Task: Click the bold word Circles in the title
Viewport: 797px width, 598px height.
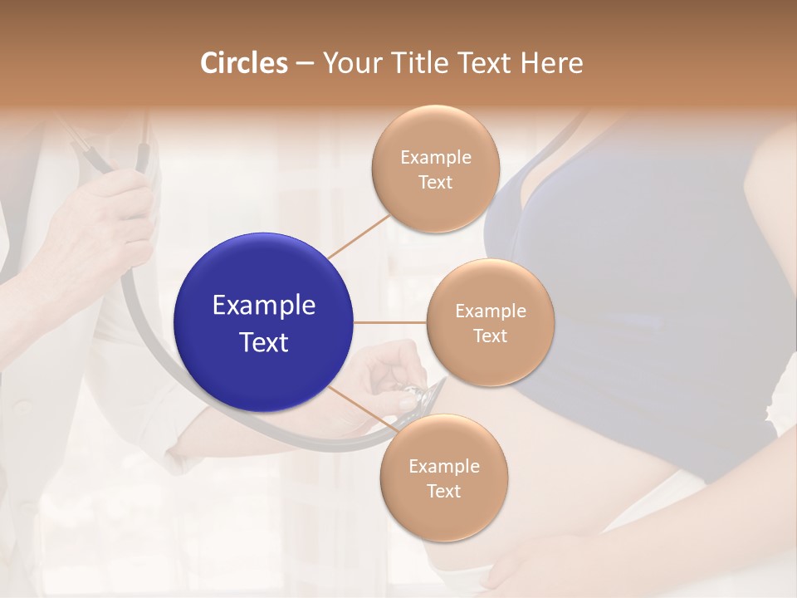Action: tap(244, 63)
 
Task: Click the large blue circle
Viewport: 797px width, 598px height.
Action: tap(264, 322)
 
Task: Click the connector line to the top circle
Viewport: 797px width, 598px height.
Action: tap(359, 235)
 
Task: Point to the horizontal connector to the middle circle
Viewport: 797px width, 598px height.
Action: tap(390, 322)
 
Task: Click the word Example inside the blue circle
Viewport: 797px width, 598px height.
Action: tap(264, 306)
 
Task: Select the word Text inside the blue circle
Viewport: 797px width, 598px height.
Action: tap(264, 342)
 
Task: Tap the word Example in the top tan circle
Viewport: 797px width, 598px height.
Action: tap(436, 158)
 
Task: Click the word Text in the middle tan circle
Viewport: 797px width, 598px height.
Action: tap(490, 336)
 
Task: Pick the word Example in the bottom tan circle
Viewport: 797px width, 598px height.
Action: tap(444, 467)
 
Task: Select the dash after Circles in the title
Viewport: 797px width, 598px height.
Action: tap(305, 64)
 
